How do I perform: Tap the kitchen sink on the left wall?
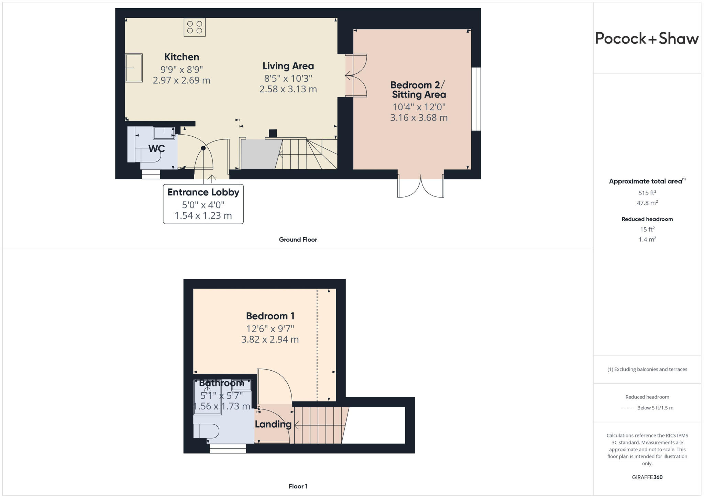[133, 68]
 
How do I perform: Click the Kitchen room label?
[181, 57]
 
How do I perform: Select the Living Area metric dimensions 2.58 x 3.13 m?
[288, 89]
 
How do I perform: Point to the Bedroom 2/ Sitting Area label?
[418, 90]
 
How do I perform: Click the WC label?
[156, 149]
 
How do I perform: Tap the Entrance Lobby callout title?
[203, 192]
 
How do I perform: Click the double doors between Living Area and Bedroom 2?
[356, 76]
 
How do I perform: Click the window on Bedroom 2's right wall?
[476, 99]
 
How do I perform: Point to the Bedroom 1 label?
[270, 316]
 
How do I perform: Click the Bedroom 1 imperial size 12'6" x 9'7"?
[270, 329]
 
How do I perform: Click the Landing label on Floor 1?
[273, 424]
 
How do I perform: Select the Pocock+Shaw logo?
[647, 38]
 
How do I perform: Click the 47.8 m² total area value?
[647, 203]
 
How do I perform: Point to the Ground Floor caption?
[298, 240]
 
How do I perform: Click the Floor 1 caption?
[298, 486]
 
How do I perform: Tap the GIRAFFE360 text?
[647, 477]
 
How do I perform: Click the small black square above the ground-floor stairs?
[273, 133]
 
